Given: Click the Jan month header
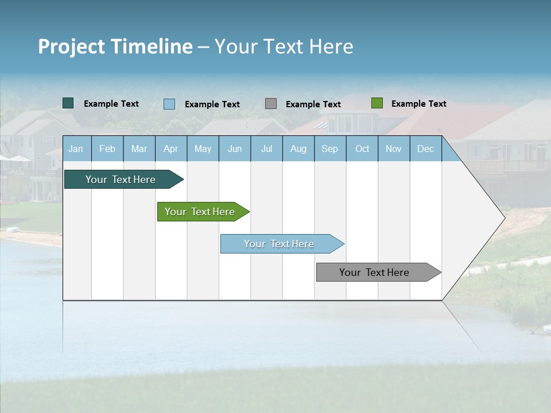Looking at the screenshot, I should point(76,149).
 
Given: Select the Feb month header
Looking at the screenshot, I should point(107,149).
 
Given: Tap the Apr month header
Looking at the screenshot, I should point(171,149).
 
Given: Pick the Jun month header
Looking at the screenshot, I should point(235,149).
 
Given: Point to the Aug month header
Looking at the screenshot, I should point(298,149).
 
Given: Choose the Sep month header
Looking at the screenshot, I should point(330,149).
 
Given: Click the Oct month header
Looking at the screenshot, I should point(362,149).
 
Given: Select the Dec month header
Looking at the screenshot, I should point(426,149).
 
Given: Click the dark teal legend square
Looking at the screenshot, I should point(68,103).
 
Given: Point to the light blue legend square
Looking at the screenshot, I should point(169,104).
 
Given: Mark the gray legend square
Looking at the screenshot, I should point(271,104).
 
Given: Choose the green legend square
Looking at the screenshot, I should point(377,103).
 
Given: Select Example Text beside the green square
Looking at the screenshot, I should point(419,104).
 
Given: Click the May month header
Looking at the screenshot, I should point(203,149).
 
